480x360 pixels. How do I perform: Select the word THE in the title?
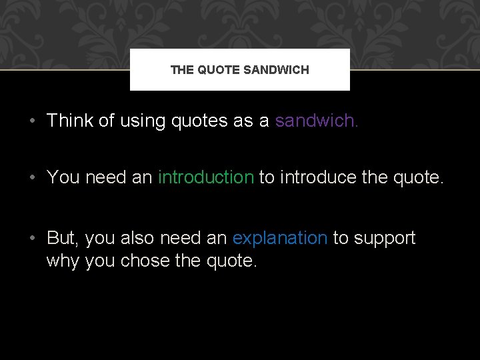coord(182,69)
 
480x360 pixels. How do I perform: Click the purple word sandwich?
coord(315,121)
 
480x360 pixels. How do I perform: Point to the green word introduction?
coord(206,177)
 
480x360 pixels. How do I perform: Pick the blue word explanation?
coord(280,238)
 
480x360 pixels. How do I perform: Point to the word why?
coord(63,261)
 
